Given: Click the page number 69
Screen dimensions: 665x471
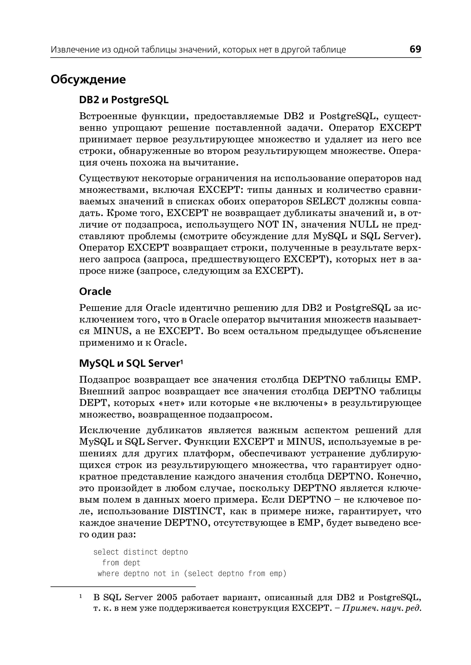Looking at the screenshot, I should tap(415, 49).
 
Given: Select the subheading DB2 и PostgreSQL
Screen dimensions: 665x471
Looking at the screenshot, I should tap(123, 100).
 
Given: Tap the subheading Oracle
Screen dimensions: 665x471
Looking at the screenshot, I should tap(95, 292).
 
